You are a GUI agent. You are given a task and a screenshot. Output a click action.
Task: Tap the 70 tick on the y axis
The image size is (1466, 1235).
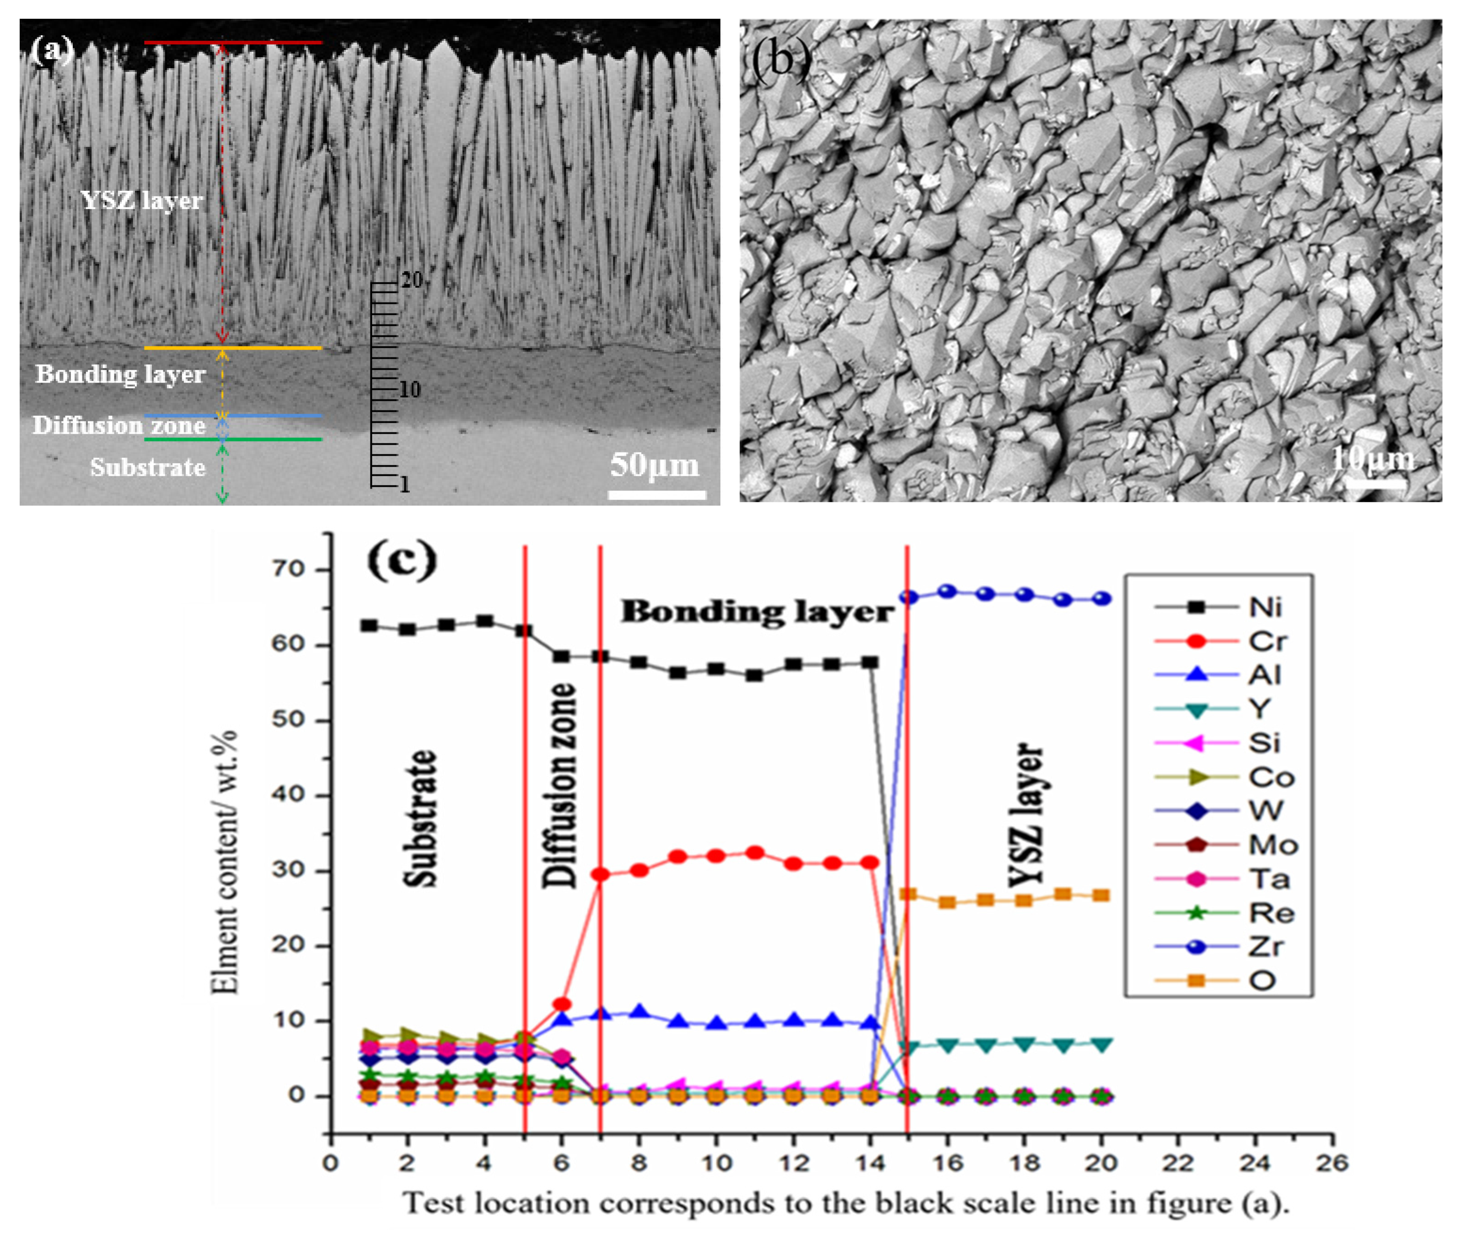click(x=288, y=570)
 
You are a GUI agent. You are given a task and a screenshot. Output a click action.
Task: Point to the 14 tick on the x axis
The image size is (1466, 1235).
click(x=870, y=1163)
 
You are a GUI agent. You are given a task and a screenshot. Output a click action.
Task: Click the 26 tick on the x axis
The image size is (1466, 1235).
click(x=1332, y=1163)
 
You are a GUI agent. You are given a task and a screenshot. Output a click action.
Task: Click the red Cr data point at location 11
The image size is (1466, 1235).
click(x=754, y=853)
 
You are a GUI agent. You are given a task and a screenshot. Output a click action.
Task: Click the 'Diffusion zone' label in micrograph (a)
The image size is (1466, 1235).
click(x=119, y=426)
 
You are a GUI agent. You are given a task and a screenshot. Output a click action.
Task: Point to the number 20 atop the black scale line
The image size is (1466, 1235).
click(x=412, y=280)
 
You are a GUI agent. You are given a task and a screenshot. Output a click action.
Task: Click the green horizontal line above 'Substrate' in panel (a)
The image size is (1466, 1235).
click(x=233, y=440)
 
